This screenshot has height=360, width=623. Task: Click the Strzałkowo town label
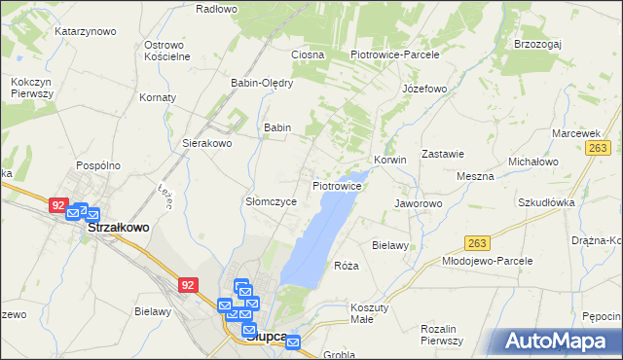click(119, 227)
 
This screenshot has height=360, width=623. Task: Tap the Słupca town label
click(266, 337)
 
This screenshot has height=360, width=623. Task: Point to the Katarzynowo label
click(85, 31)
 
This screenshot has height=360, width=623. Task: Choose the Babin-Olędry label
click(262, 83)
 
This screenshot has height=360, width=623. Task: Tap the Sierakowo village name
click(207, 143)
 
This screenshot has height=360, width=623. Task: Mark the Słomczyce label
click(270, 201)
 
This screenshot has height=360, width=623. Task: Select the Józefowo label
click(424, 89)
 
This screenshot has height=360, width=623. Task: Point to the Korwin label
click(389, 160)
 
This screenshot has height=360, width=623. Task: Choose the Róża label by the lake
click(347, 266)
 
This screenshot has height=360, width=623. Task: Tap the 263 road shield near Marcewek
click(598, 148)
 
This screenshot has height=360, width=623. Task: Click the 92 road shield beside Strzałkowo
click(58, 206)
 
